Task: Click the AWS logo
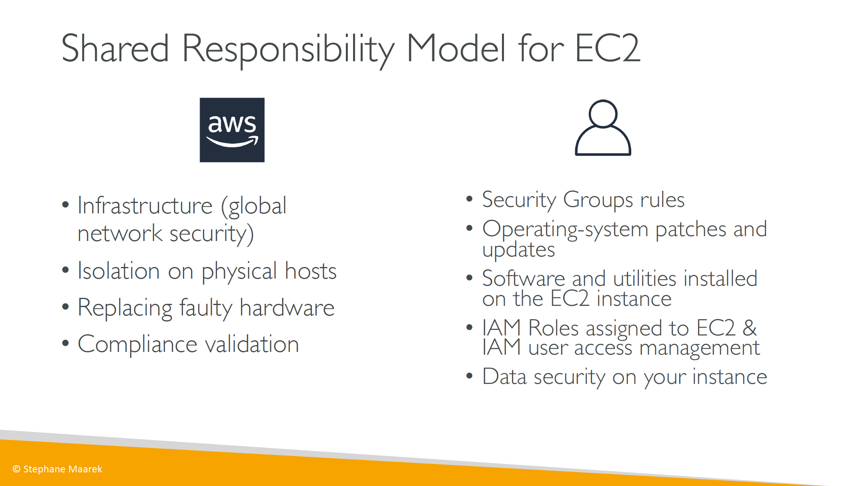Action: tap(232, 130)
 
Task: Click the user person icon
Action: tap(603, 128)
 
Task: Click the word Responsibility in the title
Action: tap(288, 50)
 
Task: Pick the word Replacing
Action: tap(125, 308)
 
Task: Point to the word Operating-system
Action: tap(565, 230)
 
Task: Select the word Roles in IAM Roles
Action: tap(554, 328)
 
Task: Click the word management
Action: tap(699, 348)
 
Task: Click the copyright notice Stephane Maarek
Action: tap(57, 469)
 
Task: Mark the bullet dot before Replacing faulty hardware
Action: tap(66, 307)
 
